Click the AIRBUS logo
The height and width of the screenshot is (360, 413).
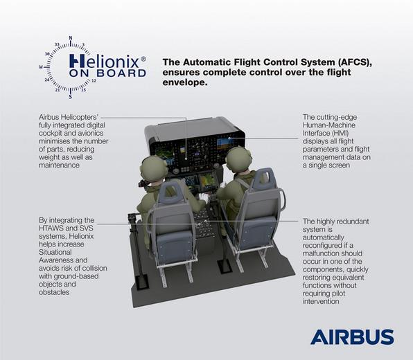[351, 337]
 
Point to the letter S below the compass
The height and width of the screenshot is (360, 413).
[70, 96]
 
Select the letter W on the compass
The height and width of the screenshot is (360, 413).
[42, 66]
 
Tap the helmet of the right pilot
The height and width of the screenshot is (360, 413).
[237, 158]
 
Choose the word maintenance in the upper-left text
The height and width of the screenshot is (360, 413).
[60, 165]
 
